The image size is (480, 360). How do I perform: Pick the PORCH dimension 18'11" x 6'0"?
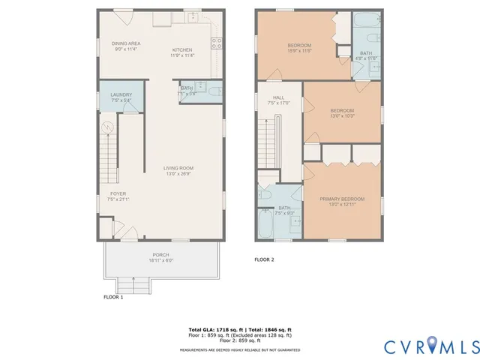pos(161,261)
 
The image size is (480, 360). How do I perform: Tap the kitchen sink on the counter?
pos(193,16)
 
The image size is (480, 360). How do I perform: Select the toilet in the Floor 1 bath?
pos(214,93)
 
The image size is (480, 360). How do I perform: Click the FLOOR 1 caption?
pos(113,297)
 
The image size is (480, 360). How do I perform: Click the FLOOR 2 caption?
pos(264,259)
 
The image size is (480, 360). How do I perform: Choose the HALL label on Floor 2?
pos(278,97)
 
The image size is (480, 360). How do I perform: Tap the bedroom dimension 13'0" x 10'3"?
pos(341,115)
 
